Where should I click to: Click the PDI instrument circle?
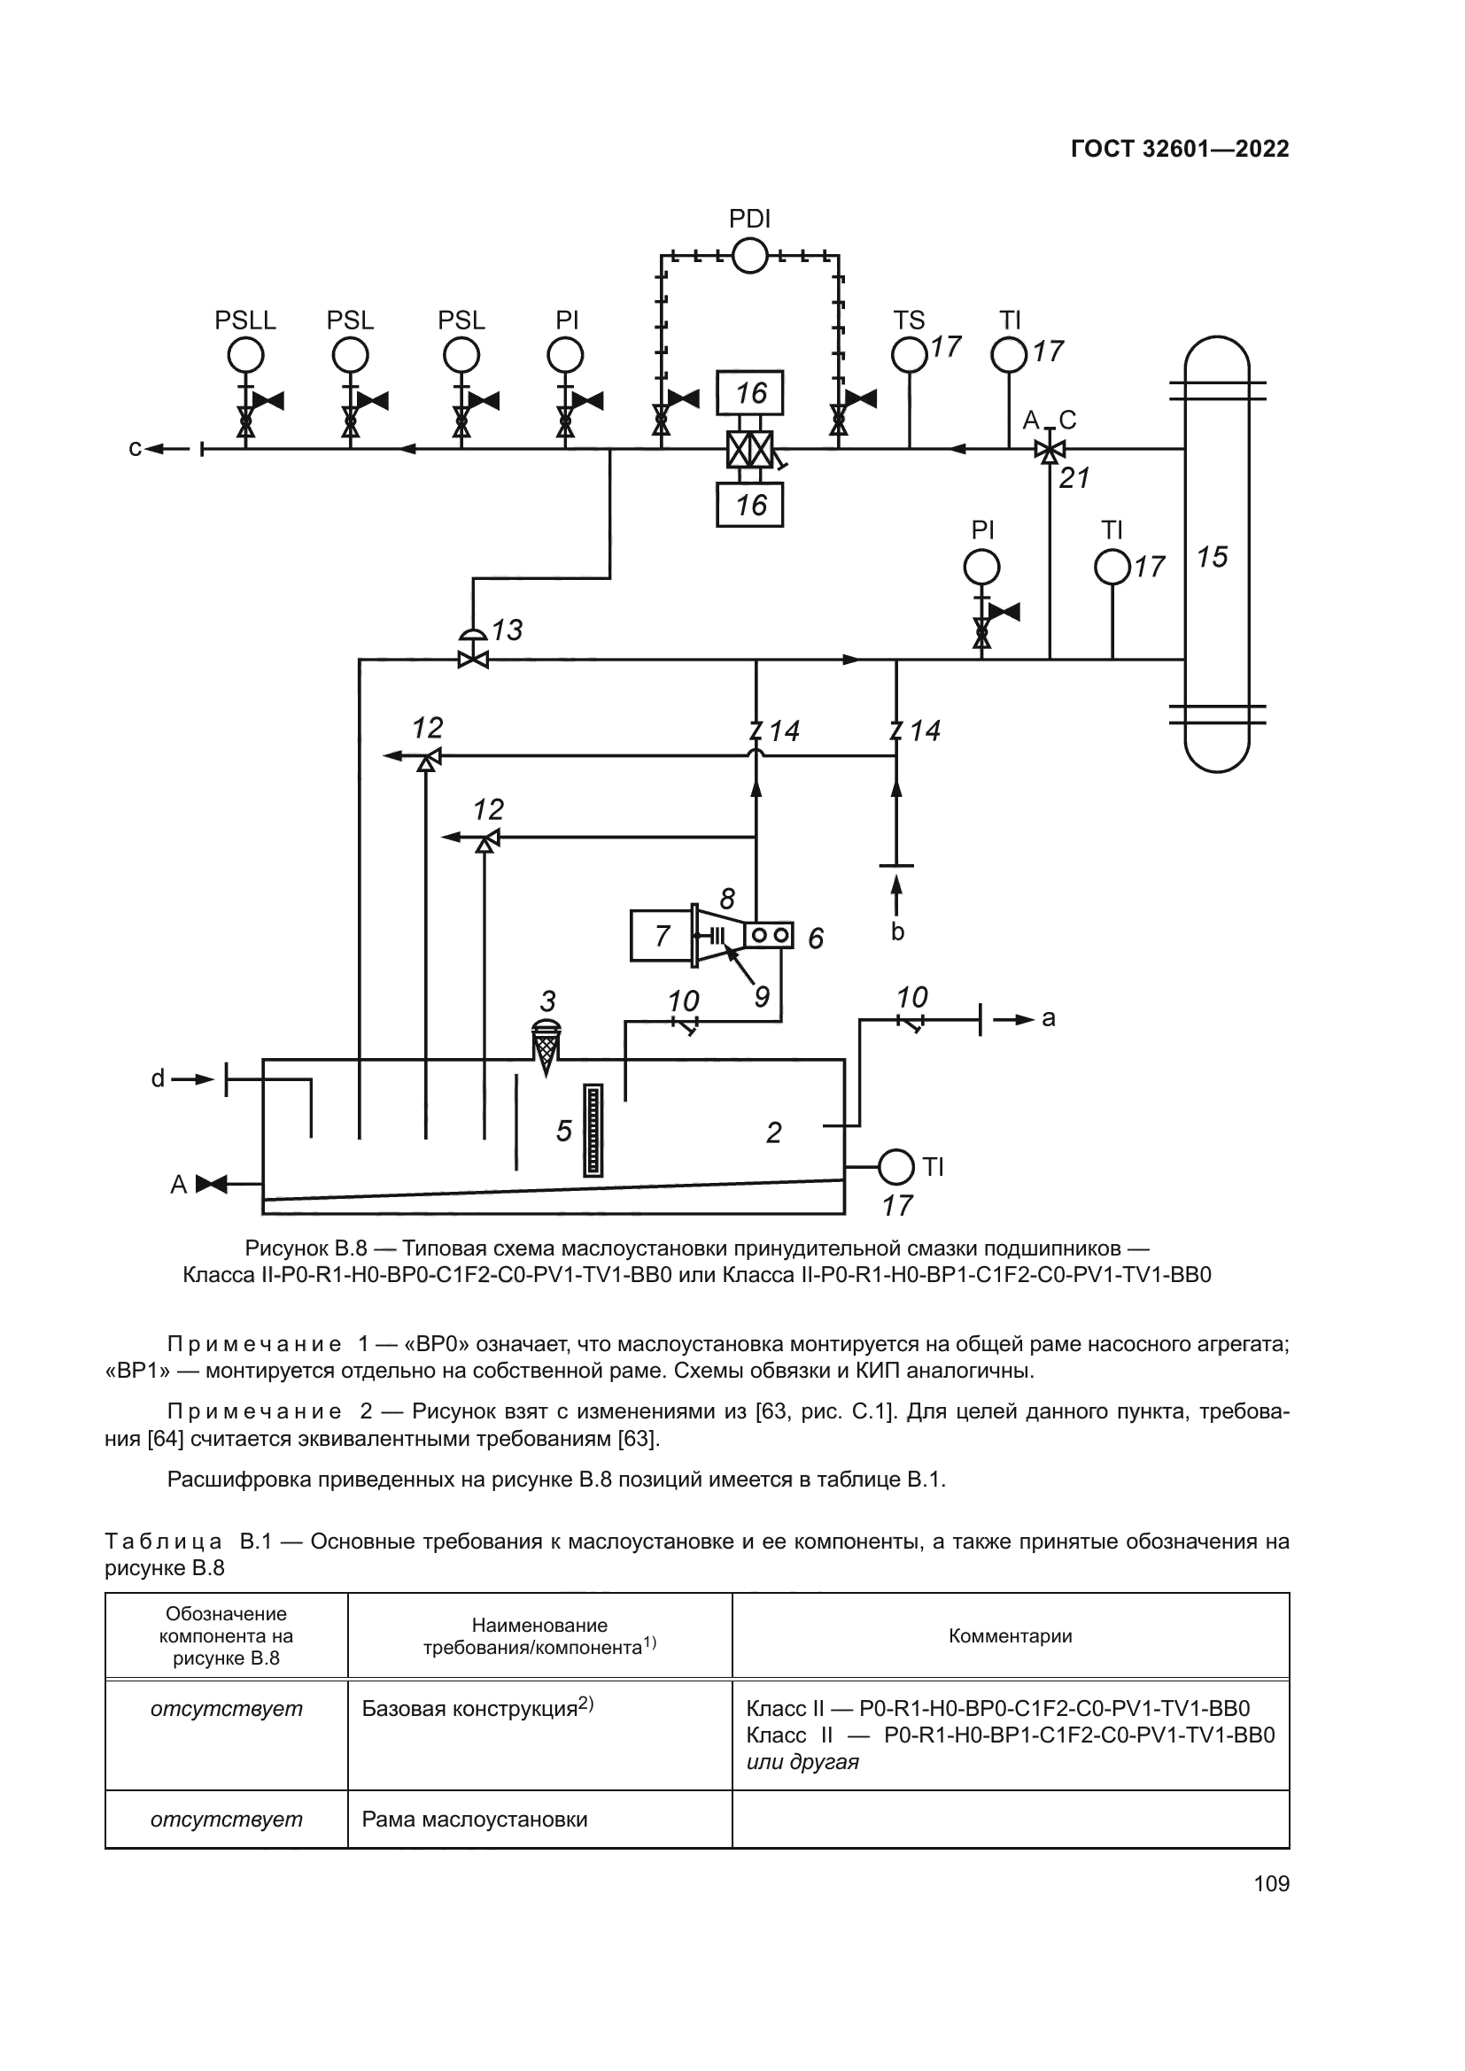pos(748,256)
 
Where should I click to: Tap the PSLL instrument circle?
pos(244,356)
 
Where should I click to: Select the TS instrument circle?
pos(910,354)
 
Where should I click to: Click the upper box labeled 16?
pos(749,393)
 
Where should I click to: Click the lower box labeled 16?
pos(749,504)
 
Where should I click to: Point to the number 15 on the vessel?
pos(1213,558)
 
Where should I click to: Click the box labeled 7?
pos(661,935)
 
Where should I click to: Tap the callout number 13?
pos(507,630)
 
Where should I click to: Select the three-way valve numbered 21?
pos(1048,449)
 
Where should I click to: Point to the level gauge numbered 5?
pos(593,1130)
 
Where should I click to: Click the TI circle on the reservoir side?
pos(895,1167)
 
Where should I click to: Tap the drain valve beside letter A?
pos(213,1184)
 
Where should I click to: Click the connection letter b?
pos(896,931)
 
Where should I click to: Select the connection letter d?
pos(158,1078)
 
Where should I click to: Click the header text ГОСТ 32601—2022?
pos(1179,149)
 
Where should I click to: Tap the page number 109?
pos(1271,1883)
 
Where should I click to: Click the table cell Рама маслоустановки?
pos(475,1820)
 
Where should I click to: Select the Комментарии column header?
pos(1010,1636)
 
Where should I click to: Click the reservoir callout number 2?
pos(773,1132)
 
